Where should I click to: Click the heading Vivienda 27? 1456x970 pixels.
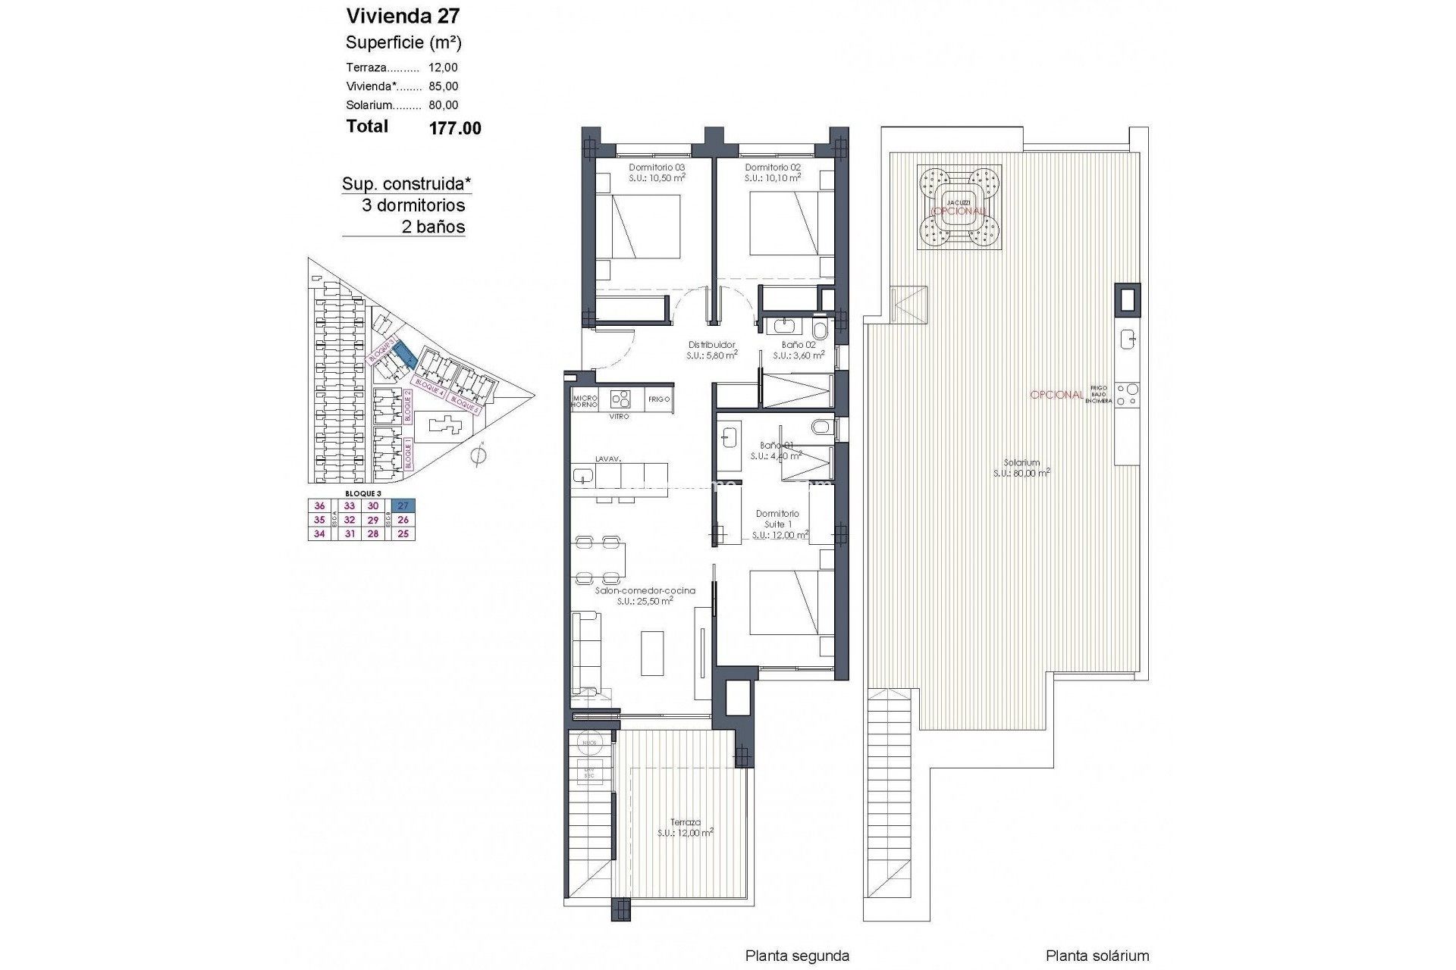402,16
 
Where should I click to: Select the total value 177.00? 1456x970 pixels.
455,128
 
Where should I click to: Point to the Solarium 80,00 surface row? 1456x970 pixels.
402,105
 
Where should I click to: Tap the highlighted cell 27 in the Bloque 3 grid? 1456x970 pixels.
403,506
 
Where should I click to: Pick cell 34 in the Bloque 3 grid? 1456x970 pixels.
319,533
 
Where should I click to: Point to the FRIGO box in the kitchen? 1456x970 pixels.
659,399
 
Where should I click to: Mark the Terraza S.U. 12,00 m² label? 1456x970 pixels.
686,827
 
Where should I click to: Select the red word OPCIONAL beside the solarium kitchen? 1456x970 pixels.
1056,395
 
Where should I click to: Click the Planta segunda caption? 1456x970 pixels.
797,956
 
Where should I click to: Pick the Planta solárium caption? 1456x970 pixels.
1097,956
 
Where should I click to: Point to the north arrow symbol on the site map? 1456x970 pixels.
478,455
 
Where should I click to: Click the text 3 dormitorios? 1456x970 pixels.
413,205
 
